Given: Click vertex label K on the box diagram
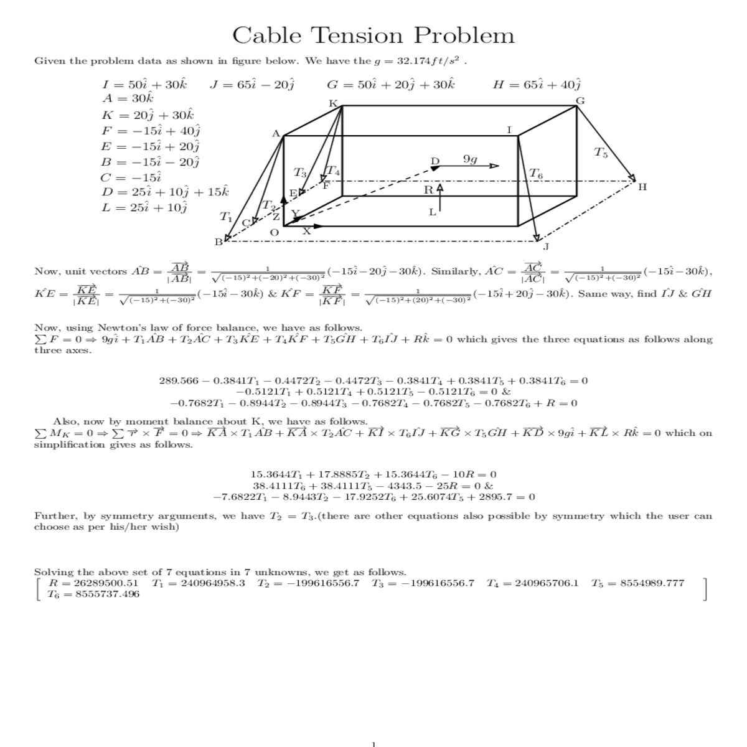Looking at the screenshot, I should [333, 103].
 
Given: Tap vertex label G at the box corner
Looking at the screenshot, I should [580, 101].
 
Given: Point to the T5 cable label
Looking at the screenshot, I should [601, 152].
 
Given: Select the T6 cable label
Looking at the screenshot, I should [535, 174].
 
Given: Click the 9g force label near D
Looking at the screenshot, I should [470, 160].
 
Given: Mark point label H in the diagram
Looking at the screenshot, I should [642, 187].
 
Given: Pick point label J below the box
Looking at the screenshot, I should [546, 247].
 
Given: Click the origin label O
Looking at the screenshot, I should [274, 233].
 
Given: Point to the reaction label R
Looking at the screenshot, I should [429, 190].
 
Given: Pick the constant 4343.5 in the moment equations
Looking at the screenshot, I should [406, 486].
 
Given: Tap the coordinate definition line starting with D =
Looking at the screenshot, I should [166, 192].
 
